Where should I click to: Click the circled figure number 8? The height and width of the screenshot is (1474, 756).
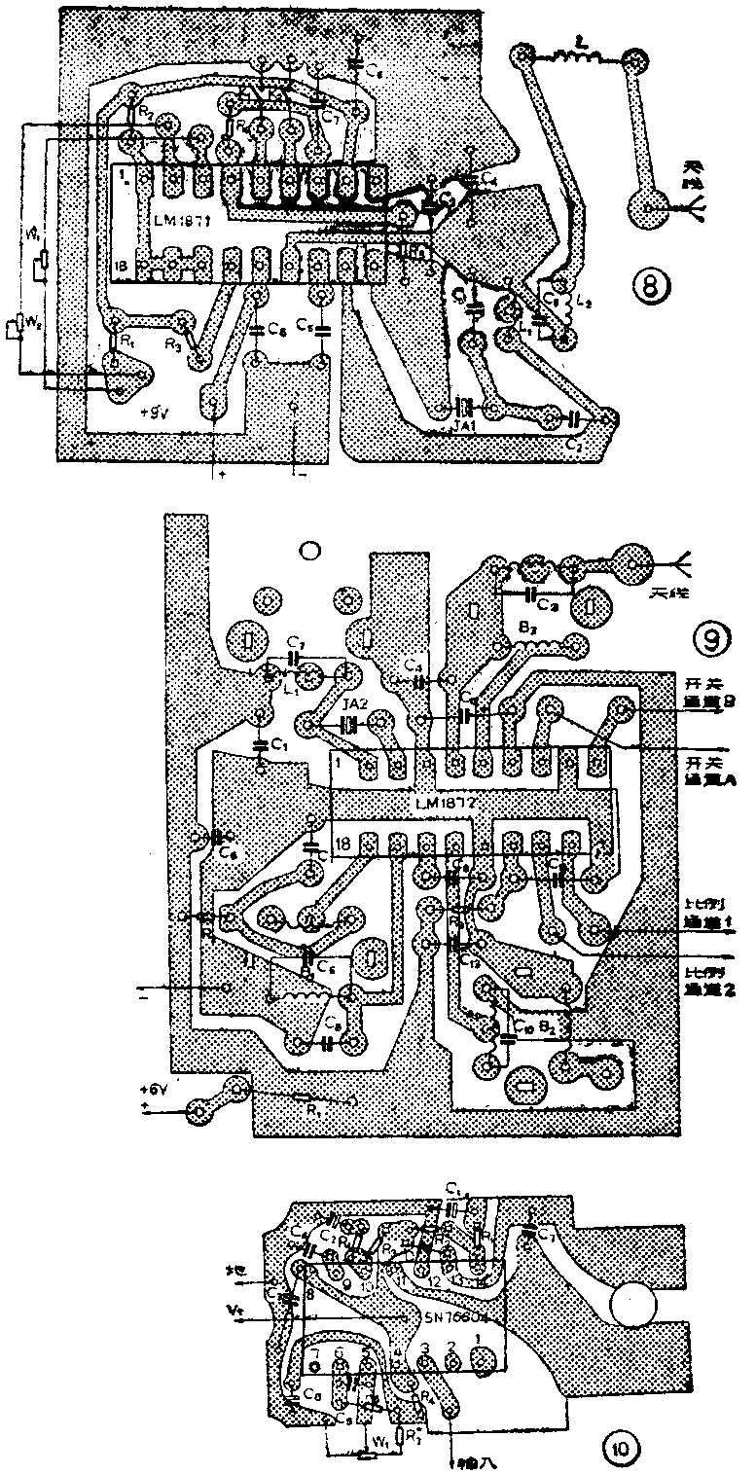(x=648, y=286)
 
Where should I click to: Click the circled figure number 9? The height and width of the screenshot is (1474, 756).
(x=709, y=639)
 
